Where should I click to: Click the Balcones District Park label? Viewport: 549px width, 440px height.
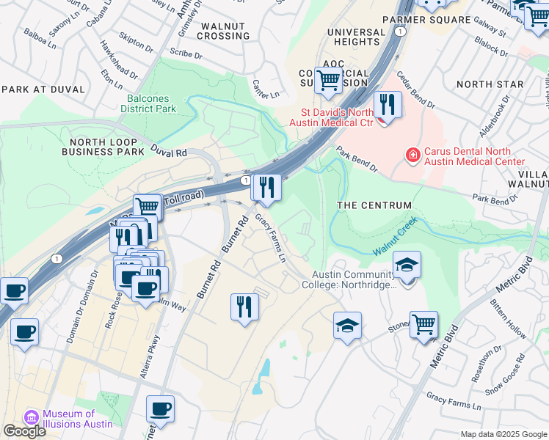(148, 103)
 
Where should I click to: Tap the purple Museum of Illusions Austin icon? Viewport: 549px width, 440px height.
(32, 417)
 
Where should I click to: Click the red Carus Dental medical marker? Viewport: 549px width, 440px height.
(413, 155)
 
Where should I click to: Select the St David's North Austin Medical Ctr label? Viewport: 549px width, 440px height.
(338, 117)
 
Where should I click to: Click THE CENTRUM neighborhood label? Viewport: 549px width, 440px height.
(374, 205)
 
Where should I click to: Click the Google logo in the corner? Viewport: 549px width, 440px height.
(24, 431)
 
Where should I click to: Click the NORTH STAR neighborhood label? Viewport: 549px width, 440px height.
(490, 84)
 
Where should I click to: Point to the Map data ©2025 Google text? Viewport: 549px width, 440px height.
(503, 434)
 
